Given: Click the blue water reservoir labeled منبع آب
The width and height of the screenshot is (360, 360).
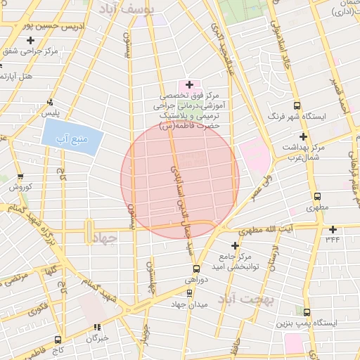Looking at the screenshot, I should (x=73, y=132).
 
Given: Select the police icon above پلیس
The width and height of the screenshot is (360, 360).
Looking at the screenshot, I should (x=49, y=101).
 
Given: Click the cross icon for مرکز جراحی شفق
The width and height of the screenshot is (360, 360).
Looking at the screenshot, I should (x=30, y=40).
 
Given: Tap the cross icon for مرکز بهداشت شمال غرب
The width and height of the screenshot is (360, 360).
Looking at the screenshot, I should (x=304, y=136).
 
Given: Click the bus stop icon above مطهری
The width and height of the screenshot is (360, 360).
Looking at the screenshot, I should (x=317, y=197).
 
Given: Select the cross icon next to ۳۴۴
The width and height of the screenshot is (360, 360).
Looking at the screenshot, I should (x=333, y=229).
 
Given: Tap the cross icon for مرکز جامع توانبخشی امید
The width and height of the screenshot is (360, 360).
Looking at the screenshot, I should (x=235, y=245).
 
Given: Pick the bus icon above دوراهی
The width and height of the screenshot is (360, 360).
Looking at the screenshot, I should (x=196, y=268).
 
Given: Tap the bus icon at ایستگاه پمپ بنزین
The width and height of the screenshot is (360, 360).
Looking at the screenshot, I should (x=307, y=311).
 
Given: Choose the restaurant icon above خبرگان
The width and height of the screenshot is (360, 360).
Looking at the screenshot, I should (x=97, y=327).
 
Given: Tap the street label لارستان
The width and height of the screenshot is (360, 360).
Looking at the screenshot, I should (x=274, y=260).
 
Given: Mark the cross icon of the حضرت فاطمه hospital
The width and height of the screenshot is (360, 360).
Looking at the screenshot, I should (x=189, y=84).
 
